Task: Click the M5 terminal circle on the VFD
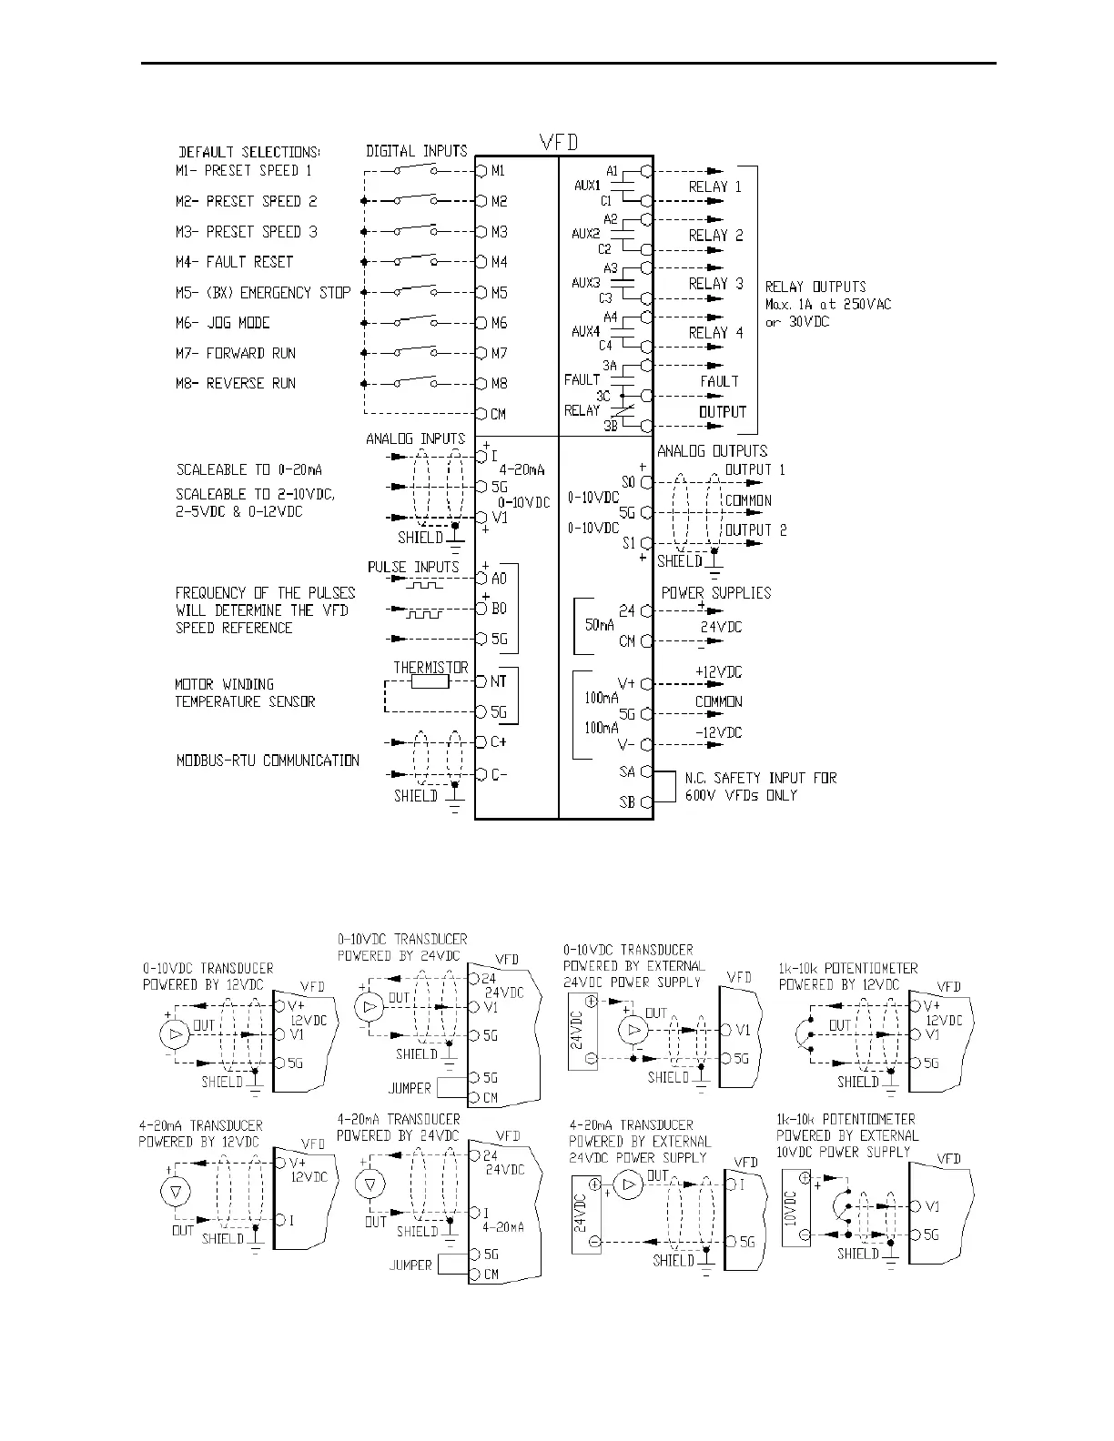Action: pos(481,293)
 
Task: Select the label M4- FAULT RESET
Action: pos(235,262)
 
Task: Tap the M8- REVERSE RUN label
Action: pos(236,384)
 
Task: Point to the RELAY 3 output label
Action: pos(715,284)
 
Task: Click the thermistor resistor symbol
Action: pos(430,681)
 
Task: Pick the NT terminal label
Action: pos(499,681)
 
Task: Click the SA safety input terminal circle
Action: pos(646,772)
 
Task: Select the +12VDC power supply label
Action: pos(718,672)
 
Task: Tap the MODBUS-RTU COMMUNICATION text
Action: pos(268,761)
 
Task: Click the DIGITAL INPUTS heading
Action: pos(416,151)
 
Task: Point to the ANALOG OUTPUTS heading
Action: pos(713,451)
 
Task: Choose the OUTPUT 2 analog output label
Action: pos(755,530)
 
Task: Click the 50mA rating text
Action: pos(599,626)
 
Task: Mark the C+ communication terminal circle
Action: pos(481,742)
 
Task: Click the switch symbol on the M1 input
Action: pos(416,170)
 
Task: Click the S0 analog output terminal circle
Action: pos(646,482)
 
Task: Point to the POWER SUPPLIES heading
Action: pos(716,593)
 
